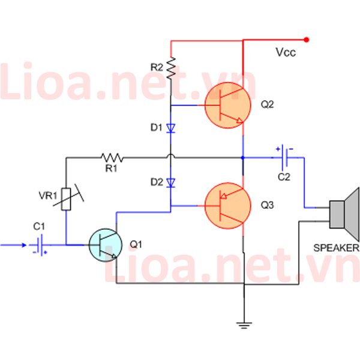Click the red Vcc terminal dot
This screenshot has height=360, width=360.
pyautogui.click(x=306, y=40)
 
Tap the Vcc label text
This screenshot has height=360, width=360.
pyautogui.click(x=286, y=52)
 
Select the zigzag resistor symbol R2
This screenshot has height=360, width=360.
pyautogui.click(x=171, y=68)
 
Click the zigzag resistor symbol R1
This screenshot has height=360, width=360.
pyautogui.click(x=112, y=158)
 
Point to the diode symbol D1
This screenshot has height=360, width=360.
pyautogui.click(x=170, y=128)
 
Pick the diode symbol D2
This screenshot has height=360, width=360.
pyautogui.click(x=170, y=183)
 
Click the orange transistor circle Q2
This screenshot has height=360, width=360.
pyautogui.click(x=228, y=105)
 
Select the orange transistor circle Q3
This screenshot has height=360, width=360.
pyautogui.click(x=228, y=206)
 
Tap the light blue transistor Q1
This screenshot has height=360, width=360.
pyautogui.click(x=106, y=245)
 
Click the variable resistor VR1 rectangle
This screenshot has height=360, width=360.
pyautogui.click(x=66, y=199)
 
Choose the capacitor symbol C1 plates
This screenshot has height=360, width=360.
pyautogui.click(x=39, y=245)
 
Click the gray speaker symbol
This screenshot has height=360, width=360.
pyautogui.click(x=344, y=214)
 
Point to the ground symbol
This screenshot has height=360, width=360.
pyautogui.click(x=244, y=326)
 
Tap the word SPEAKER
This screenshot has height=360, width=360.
pyautogui.click(x=336, y=248)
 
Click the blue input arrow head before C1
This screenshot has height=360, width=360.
pyautogui.click(x=24, y=245)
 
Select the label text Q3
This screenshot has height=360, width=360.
pyautogui.click(x=268, y=205)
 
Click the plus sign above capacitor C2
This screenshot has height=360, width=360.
pyautogui.click(x=278, y=149)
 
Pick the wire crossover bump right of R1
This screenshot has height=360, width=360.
pyautogui.click(x=170, y=156)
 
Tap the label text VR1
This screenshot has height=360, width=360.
pyautogui.click(x=48, y=196)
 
